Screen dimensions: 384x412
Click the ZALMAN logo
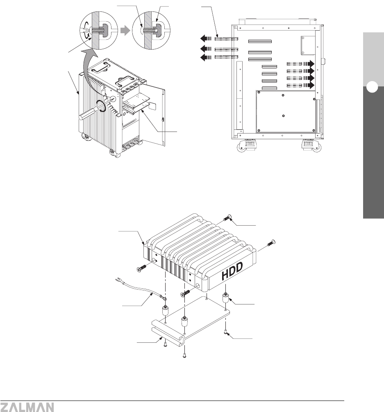(27, 407)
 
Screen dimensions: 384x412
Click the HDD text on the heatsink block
(232, 271)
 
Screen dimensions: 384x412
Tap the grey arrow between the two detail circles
(125, 31)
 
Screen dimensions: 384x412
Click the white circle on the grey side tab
(372, 87)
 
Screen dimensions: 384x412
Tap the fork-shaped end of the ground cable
(119, 280)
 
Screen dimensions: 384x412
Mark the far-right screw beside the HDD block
(271, 242)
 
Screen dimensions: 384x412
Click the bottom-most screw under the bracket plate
(184, 356)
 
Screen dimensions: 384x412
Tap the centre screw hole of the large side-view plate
(283, 115)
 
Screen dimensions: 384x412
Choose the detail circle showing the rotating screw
(99, 30)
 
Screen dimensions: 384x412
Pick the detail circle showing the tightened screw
(151, 30)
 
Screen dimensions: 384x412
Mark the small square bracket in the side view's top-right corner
(308, 45)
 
